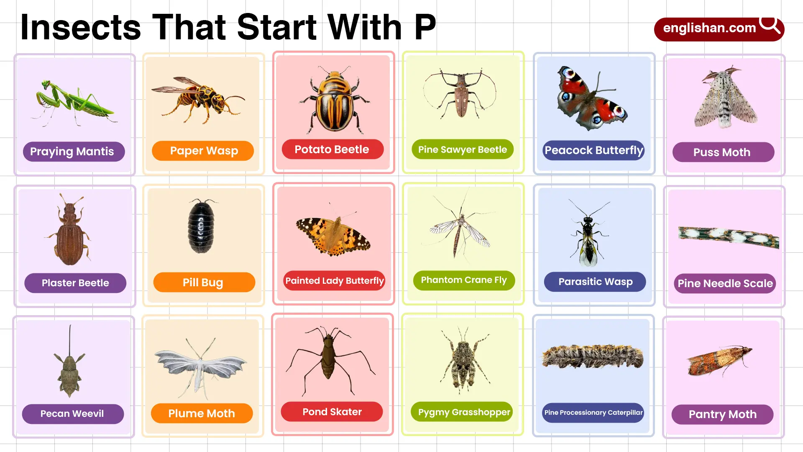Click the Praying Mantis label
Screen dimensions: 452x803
click(74, 152)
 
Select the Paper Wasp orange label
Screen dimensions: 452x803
click(203, 151)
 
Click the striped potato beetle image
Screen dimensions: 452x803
click(334, 100)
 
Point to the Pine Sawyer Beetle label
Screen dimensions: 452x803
click(463, 149)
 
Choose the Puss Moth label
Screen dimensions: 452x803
click(723, 152)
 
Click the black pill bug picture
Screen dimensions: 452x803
click(201, 226)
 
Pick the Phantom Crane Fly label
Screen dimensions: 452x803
click(464, 280)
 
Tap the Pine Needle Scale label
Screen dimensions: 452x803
click(725, 283)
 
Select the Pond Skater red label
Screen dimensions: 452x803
click(332, 412)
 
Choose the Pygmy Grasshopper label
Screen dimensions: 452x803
click(463, 412)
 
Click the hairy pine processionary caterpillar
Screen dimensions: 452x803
click(593, 357)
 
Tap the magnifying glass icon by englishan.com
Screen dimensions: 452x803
click(770, 25)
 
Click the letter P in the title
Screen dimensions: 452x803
click(425, 28)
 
